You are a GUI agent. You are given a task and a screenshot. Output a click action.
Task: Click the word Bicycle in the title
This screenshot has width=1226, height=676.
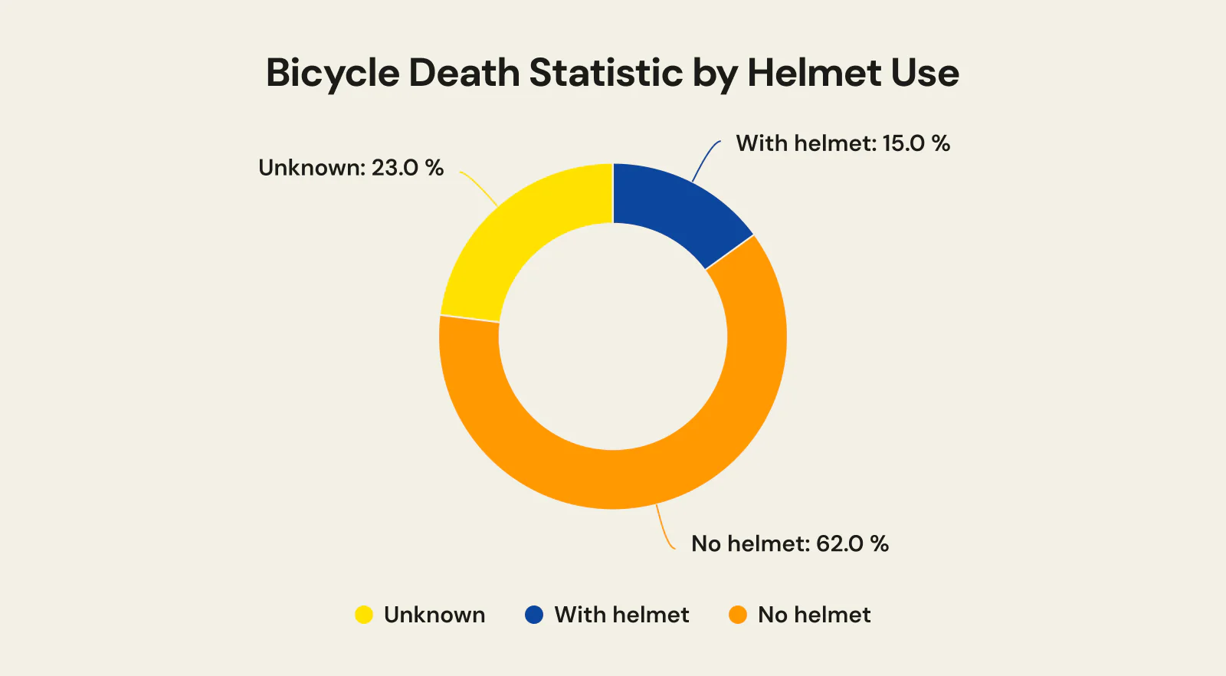(333, 74)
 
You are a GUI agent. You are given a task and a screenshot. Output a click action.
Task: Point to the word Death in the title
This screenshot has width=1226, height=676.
(464, 73)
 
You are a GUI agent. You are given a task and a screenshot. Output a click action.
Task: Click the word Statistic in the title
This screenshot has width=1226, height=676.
(605, 73)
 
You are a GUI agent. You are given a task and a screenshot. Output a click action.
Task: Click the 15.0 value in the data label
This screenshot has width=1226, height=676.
(903, 143)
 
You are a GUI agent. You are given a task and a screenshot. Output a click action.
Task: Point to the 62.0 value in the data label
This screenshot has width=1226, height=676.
(840, 544)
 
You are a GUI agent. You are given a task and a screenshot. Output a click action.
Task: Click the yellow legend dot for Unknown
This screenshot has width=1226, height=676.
(364, 615)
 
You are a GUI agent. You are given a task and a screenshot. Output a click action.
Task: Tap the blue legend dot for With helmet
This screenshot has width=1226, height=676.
(534, 615)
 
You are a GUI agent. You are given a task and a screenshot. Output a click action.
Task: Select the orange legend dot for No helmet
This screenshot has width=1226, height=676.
(738, 615)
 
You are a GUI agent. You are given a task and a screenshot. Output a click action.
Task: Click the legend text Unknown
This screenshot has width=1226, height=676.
(434, 615)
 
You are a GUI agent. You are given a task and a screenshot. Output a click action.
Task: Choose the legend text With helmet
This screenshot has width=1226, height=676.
(621, 615)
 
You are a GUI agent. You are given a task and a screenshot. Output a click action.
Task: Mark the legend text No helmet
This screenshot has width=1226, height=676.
(814, 615)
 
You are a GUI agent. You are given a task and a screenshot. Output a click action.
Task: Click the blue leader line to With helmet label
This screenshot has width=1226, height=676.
(703, 159)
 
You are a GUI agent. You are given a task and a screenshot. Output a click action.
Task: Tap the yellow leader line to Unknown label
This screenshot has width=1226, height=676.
(480, 186)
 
